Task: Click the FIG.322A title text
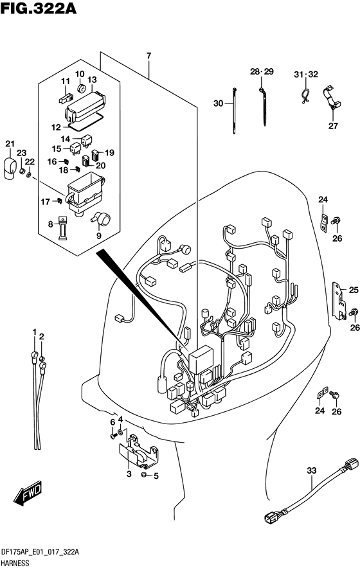[x=38, y=8]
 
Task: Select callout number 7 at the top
[x=148, y=56]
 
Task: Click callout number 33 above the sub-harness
[x=312, y=471]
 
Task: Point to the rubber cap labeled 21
[x=10, y=168]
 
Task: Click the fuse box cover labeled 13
[x=85, y=105]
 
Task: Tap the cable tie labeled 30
[x=234, y=111]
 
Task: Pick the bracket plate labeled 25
[x=339, y=301]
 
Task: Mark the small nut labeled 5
[x=143, y=475]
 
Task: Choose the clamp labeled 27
[x=331, y=98]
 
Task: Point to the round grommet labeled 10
[x=82, y=87]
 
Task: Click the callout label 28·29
[x=262, y=71]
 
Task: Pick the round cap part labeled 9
[x=102, y=218]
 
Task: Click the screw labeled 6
[x=113, y=434]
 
